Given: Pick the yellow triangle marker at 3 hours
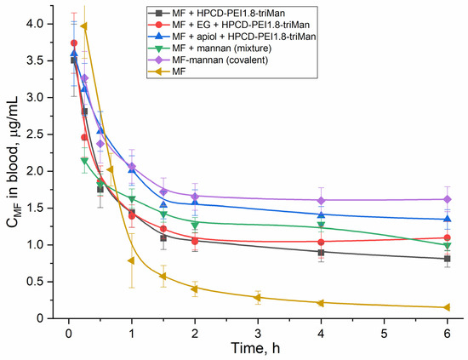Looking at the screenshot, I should tap(257, 297).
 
